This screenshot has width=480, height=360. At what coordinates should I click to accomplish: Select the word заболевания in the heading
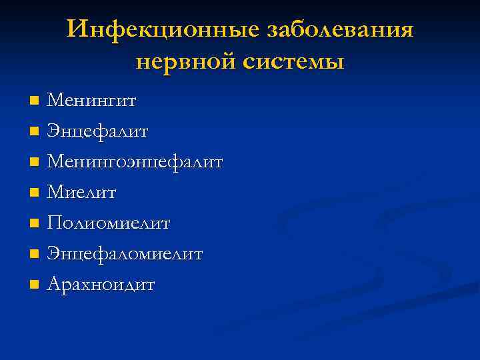point(340,30)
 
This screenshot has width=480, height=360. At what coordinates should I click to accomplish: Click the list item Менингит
point(92,101)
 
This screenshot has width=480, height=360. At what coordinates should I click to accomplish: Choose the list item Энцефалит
point(97,131)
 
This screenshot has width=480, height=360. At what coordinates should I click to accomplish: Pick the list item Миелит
point(81,193)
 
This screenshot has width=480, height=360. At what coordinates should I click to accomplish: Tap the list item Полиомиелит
point(109,223)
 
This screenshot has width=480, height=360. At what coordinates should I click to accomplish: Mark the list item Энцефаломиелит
point(125,254)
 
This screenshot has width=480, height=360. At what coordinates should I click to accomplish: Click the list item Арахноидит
point(101,285)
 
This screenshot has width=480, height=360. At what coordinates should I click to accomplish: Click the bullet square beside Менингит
point(35,101)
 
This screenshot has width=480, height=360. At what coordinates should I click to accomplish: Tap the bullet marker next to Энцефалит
point(35,132)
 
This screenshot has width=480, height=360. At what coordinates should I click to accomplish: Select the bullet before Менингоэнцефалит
point(35,163)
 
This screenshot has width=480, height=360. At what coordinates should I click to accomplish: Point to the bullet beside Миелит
point(35,193)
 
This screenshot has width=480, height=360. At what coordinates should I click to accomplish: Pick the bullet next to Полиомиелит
point(35,224)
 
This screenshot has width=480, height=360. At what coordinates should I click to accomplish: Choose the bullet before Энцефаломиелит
point(35,255)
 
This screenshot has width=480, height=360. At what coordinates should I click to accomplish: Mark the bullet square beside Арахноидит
point(35,285)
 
